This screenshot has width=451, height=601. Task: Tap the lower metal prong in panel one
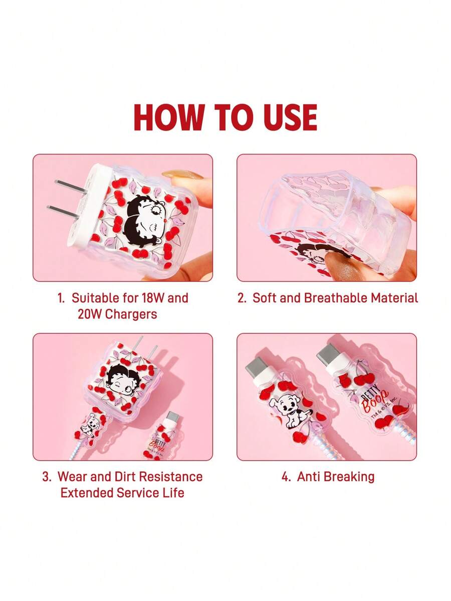pos(63,212)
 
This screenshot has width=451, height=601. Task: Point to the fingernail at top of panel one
pos(182,175)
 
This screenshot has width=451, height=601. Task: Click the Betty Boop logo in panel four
pos(372,401)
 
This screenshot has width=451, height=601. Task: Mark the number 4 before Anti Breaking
pos(285,477)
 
